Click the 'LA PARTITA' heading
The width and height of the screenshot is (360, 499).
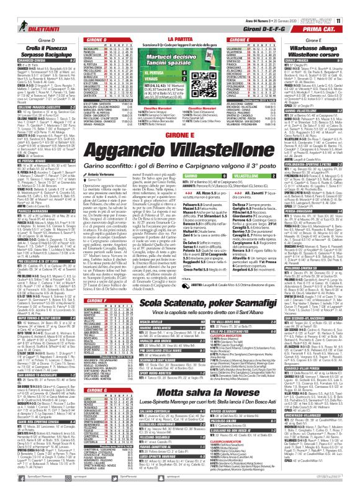tap(180, 38)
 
